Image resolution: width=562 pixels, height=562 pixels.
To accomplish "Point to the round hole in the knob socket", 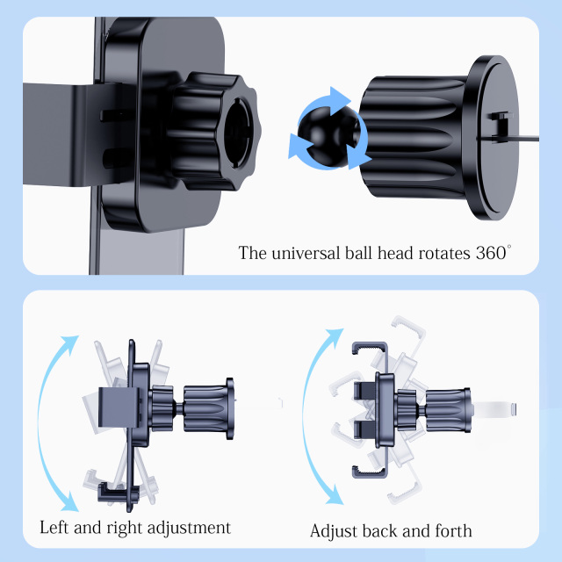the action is click(237, 133).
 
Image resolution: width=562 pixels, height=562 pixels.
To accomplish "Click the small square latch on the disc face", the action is click(500, 125).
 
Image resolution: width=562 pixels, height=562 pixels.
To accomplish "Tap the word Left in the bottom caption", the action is click(54, 527).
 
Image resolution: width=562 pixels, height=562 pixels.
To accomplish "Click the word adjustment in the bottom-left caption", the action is click(189, 528).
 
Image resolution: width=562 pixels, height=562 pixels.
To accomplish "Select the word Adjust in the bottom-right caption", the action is click(334, 530).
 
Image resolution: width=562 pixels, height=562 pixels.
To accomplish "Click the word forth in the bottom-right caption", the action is click(453, 530).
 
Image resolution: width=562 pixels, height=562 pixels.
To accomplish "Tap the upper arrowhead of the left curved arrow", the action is click(70, 343).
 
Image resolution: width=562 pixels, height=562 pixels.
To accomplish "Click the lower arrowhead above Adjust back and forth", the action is click(335, 494).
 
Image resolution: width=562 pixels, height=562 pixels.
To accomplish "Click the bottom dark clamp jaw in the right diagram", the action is click(371, 472).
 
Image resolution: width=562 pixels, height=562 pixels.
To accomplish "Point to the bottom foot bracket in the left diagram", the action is click(119, 492).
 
